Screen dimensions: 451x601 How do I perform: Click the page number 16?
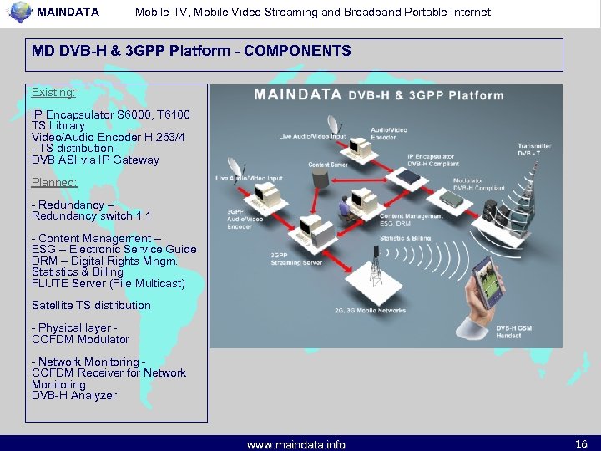(x=582, y=443)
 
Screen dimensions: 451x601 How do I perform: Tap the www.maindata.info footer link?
(x=295, y=444)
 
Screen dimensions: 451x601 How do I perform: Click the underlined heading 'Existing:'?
(x=53, y=92)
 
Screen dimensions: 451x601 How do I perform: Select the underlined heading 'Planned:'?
(x=54, y=182)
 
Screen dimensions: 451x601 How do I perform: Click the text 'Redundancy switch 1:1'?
(x=91, y=215)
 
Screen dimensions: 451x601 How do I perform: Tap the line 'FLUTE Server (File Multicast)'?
(x=109, y=283)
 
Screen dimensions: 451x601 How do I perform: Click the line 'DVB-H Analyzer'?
(x=74, y=395)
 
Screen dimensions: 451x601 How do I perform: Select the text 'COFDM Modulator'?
(x=80, y=339)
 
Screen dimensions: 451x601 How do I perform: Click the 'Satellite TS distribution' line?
(x=91, y=305)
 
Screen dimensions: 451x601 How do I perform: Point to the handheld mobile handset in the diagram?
(x=487, y=288)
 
